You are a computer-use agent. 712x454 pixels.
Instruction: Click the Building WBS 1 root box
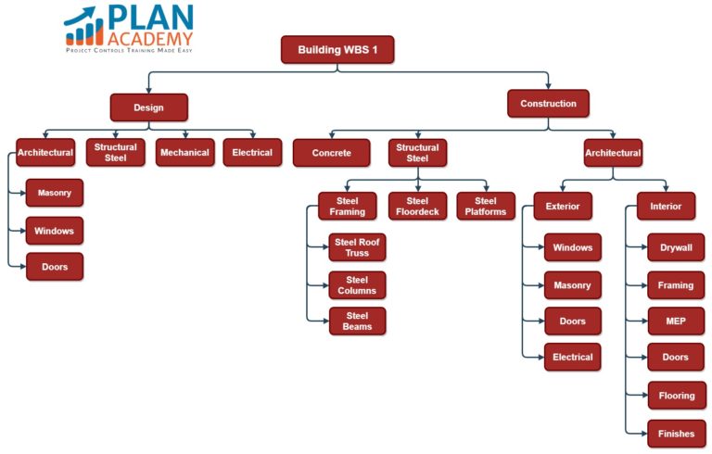[337, 50]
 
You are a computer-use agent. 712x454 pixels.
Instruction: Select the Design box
[148, 107]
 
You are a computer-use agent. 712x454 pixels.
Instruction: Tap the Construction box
[548, 104]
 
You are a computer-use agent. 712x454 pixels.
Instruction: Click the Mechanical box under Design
[184, 153]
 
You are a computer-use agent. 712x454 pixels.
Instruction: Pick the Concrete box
[331, 153]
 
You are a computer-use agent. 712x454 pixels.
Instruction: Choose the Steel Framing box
[348, 207]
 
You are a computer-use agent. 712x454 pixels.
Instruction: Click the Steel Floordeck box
[417, 207]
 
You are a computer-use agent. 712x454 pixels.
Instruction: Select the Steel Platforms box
[486, 207]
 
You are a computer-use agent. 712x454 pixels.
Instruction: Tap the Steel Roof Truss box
[357, 247]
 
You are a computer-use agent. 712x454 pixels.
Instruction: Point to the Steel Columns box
[357, 284]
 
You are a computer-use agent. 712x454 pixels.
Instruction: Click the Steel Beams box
[357, 322]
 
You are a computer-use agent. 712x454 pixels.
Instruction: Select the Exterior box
[563, 207]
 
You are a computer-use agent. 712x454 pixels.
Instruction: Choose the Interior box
[666, 207]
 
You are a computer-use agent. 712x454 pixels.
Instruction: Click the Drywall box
[676, 248]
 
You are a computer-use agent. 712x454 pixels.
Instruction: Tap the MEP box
[676, 322]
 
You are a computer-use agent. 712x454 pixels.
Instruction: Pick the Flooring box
[676, 396]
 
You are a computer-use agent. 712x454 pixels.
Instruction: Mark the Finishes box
[676, 433]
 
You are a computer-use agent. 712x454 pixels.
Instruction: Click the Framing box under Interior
[676, 285]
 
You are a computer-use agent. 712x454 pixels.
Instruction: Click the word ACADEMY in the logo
[149, 38]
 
